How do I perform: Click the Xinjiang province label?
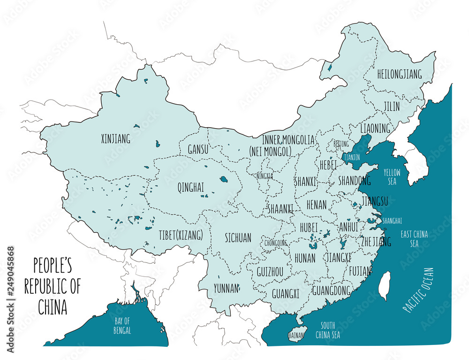pos(116,139)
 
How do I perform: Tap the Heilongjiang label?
pos(400,74)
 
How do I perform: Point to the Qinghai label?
pos(191,187)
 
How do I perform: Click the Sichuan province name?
pos(238,237)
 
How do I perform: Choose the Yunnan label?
pos(226,288)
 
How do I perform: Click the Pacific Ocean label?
pos(419,290)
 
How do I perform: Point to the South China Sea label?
pos(327,330)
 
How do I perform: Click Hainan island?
pos(296,334)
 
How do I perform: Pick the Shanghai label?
pos(392,220)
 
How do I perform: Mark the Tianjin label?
pos(351,158)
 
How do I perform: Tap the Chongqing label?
pos(275,243)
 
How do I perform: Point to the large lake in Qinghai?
pos(224,179)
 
